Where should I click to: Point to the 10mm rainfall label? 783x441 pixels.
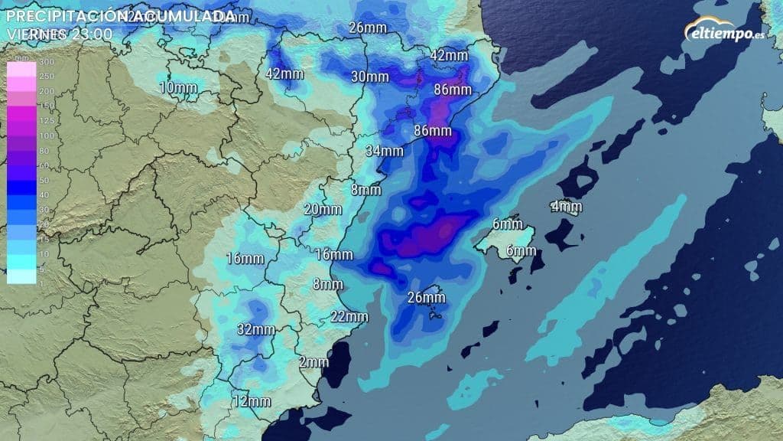pyautogui.click(x=178, y=88)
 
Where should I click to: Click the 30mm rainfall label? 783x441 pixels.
pyautogui.click(x=370, y=77)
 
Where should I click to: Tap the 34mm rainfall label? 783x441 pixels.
pyautogui.click(x=384, y=151)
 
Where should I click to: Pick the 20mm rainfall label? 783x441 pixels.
pyautogui.click(x=322, y=210)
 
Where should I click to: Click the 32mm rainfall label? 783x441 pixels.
pyautogui.click(x=255, y=330)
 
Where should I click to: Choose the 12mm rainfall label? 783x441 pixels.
pyautogui.click(x=252, y=401)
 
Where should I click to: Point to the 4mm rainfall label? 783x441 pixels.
pyautogui.click(x=567, y=207)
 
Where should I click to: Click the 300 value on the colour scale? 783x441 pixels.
pyautogui.click(x=47, y=62)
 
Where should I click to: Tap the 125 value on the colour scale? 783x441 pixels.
pyautogui.click(x=47, y=120)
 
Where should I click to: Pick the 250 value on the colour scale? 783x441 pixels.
pyautogui.click(x=47, y=77)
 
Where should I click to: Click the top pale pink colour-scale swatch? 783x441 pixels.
pyautogui.click(x=21, y=70)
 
